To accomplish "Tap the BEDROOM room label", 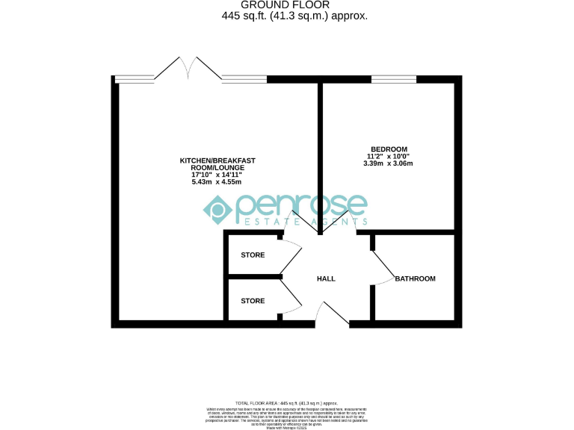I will point(388,149).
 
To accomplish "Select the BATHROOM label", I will point(415,278).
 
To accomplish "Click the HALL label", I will point(326,278).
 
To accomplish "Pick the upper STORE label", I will point(253,255).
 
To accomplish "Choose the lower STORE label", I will point(253,301).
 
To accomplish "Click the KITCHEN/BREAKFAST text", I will point(216,161).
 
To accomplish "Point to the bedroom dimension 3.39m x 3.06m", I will point(388,163).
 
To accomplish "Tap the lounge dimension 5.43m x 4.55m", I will point(217,182).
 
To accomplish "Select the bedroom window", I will point(393,78).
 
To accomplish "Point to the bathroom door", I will point(383,267).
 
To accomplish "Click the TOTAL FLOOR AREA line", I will point(286,402).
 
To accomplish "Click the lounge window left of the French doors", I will point(134,78).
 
